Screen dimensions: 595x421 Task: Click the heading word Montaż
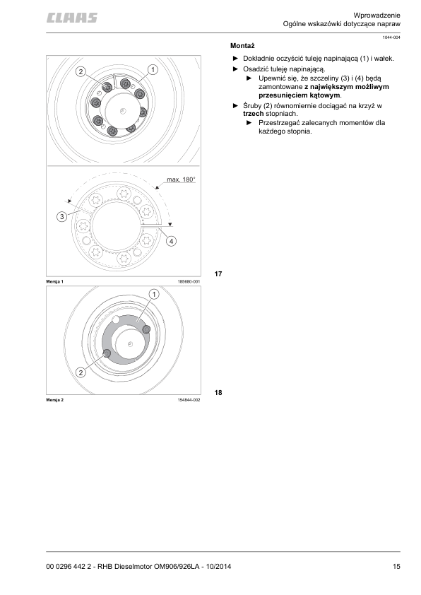[x=242, y=45]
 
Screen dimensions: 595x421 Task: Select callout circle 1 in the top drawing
[x=152, y=69]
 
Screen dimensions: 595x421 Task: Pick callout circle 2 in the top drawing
[x=81, y=71]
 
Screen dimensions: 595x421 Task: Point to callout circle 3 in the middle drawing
[x=62, y=216]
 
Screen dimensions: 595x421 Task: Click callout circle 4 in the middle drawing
[x=171, y=241]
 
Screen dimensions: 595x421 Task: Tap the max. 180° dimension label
[x=180, y=179]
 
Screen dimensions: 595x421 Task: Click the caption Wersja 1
[x=55, y=281]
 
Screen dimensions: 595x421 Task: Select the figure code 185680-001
[x=189, y=281]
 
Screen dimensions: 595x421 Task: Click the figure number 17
[x=218, y=273]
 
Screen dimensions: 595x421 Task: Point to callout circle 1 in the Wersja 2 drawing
[x=153, y=293]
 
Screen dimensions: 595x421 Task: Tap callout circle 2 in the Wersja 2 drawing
[x=81, y=372]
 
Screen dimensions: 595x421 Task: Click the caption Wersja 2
[x=55, y=400]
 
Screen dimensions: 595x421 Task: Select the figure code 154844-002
[x=189, y=400]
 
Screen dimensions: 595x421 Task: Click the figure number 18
[x=218, y=392]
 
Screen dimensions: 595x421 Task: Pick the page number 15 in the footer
[x=397, y=566]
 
